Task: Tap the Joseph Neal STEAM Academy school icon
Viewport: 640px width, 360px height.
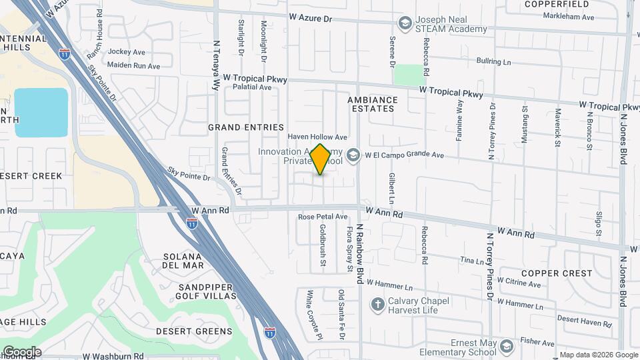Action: tap(405, 25)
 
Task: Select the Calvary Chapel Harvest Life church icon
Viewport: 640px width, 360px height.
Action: tap(377, 305)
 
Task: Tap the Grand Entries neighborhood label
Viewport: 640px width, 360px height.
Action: tap(246, 127)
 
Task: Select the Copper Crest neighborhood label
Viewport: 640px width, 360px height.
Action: tap(557, 273)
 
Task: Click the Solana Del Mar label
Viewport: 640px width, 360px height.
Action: tap(182, 261)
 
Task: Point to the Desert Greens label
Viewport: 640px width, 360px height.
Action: tap(194, 331)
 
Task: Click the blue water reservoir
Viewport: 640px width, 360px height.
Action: tap(41, 112)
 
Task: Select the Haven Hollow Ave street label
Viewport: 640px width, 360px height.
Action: tap(317, 137)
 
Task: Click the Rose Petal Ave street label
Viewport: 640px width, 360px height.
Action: tap(323, 217)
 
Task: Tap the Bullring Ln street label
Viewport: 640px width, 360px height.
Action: tap(493, 61)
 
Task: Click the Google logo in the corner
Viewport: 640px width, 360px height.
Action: tap(21, 352)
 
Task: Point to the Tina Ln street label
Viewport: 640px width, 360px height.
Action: tap(471, 261)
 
